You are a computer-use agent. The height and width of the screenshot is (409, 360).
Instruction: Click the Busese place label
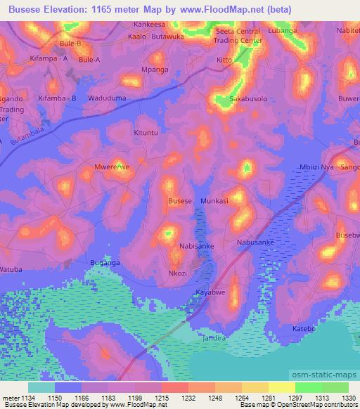(180, 201)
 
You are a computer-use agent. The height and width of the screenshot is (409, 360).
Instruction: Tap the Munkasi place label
(214, 201)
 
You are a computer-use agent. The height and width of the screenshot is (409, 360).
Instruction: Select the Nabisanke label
(197, 247)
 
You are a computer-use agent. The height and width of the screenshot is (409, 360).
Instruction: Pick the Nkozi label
(178, 273)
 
